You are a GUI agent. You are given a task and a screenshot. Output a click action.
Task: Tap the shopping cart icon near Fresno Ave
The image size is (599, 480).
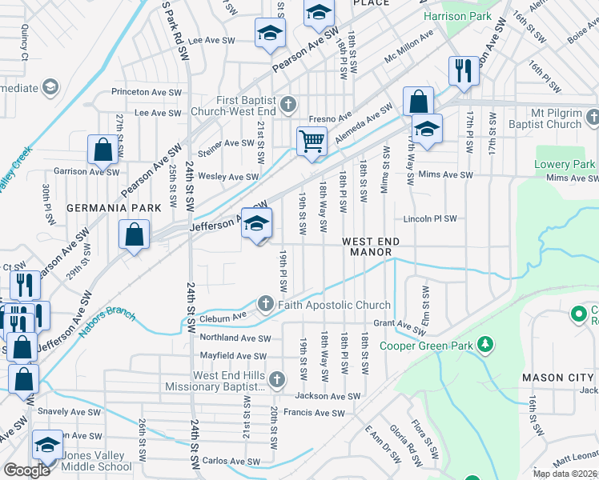(312, 141)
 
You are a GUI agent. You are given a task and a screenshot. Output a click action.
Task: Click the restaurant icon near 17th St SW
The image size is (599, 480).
(464, 70)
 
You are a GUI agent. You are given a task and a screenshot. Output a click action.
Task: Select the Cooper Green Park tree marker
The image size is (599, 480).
(484, 344)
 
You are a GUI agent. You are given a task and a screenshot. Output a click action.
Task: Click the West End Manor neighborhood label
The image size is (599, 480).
(369, 246)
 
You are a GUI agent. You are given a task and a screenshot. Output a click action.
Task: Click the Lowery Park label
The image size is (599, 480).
(565, 165)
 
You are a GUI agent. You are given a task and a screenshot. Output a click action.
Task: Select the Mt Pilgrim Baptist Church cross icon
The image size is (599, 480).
(592, 118)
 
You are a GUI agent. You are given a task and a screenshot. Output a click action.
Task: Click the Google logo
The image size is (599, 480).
(26, 470)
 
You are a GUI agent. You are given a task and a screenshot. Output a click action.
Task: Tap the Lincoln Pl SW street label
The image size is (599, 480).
(430, 218)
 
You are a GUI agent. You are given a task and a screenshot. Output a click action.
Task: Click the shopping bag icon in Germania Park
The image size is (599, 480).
(134, 235)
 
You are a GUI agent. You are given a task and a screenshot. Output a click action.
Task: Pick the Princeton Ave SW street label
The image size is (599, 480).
(143, 92)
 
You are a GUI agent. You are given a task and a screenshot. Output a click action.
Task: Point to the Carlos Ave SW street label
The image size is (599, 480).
(231, 462)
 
